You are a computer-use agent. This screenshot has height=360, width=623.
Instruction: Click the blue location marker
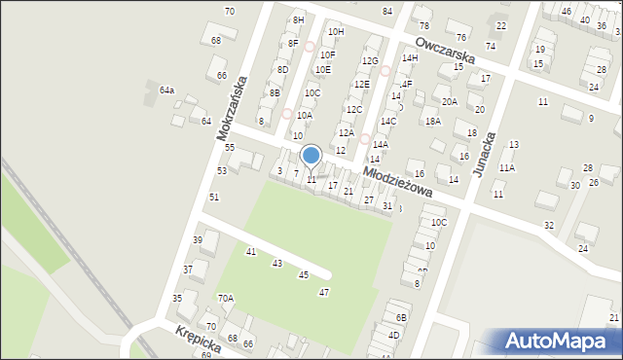click(x=311, y=156)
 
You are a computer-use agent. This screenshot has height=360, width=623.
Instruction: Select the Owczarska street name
click(x=444, y=52)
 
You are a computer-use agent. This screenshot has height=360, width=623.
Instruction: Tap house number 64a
click(x=167, y=90)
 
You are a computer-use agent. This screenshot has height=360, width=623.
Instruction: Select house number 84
click(x=387, y=11)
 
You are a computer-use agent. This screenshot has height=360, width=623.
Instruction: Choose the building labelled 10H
click(x=336, y=31)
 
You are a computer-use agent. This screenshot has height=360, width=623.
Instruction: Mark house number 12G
click(x=369, y=61)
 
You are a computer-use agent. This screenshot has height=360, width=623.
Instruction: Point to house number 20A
click(x=449, y=101)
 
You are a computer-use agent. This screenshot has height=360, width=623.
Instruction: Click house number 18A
click(x=433, y=121)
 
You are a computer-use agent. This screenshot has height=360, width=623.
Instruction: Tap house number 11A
click(x=507, y=167)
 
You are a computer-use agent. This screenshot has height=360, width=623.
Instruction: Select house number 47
click(x=324, y=292)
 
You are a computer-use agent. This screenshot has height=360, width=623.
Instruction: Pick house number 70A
click(x=225, y=299)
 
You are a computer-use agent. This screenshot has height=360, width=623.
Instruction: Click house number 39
click(x=198, y=240)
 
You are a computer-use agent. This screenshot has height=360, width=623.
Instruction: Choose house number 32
click(x=549, y=225)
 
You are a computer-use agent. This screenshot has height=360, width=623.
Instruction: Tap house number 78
click(x=423, y=25)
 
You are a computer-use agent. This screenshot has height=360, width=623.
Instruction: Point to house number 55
click(x=230, y=147)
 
